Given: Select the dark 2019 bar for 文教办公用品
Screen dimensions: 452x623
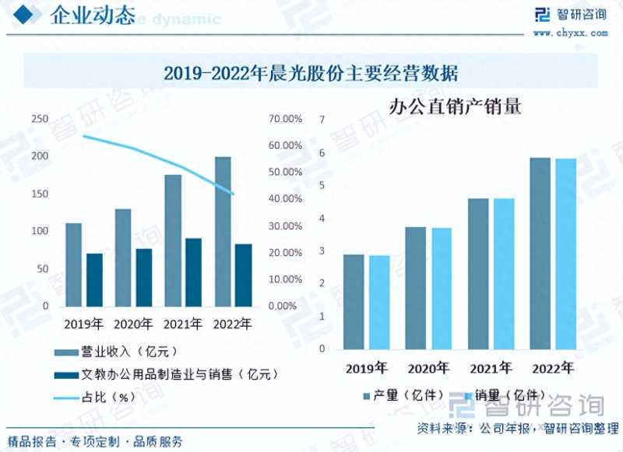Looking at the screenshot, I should point(94,280).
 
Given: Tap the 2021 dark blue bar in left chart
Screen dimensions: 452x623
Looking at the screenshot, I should point(194,272).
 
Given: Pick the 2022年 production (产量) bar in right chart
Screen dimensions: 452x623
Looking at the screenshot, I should point(540,254).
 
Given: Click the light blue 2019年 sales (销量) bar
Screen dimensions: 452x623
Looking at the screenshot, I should point(379,303).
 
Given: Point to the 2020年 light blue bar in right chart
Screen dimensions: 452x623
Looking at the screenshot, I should point(442,289).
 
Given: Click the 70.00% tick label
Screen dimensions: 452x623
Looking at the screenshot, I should point(285,119).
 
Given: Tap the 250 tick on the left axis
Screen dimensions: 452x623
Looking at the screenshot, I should point(39,119).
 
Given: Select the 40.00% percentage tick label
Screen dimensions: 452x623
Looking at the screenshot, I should point(285,199).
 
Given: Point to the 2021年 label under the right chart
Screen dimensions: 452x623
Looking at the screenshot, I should point(490,367).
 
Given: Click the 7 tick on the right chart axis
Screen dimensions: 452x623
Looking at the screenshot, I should point(322,119).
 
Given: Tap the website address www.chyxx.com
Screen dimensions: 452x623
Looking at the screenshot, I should point(571,33).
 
